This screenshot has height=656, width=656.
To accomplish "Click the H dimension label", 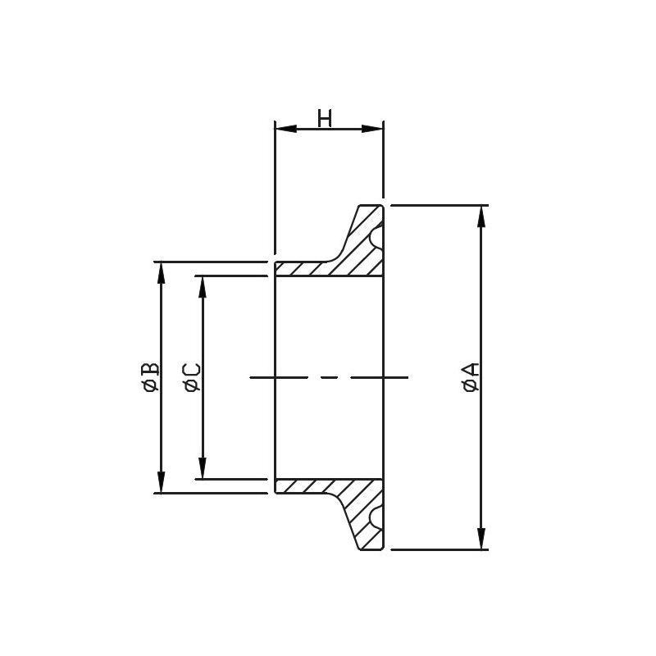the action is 325,118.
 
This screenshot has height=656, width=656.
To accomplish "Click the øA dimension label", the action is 471,377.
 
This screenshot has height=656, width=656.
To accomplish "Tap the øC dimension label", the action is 192,378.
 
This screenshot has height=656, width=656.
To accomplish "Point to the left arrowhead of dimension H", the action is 286,129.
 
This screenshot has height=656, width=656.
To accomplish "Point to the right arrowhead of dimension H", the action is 372,129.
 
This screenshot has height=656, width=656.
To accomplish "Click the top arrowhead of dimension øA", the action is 481,216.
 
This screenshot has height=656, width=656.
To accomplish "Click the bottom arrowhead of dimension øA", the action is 481,539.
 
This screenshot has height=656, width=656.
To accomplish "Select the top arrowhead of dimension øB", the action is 161,273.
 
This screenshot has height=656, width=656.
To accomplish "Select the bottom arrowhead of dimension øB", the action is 161,482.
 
